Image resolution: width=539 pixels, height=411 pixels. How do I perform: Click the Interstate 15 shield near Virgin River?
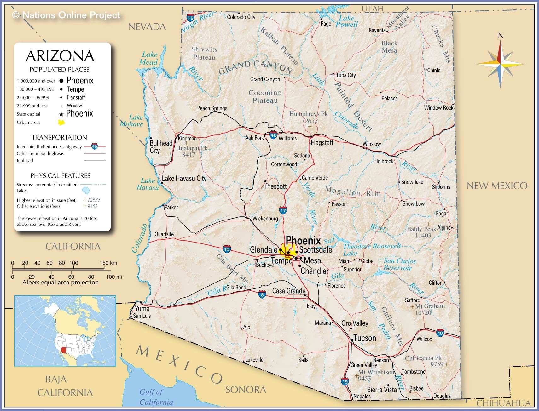point(190,18)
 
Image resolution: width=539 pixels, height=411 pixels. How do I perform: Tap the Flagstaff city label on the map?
point(322,143)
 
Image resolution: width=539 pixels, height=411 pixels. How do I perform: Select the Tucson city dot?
point(352,340)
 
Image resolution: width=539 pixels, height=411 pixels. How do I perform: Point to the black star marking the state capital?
point(288,253)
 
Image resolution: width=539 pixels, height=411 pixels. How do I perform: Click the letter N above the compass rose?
point(501,36)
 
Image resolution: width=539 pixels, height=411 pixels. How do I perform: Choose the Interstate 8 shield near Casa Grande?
point(262,295)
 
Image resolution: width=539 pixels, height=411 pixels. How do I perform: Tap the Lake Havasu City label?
point(184,179)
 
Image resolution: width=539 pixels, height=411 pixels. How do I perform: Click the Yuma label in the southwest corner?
point(142,309)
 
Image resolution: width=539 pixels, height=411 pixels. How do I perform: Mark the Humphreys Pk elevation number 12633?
point(310,121)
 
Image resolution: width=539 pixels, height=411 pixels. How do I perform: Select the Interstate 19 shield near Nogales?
point(345,381)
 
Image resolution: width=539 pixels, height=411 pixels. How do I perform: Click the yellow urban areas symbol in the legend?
point(61,122)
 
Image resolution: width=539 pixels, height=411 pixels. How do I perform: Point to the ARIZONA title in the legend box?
point(60,56)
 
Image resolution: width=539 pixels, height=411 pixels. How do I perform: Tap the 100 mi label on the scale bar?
point(114,277)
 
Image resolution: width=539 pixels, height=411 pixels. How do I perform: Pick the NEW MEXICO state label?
point(497,186)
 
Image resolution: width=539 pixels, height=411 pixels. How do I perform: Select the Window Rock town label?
point(438,108)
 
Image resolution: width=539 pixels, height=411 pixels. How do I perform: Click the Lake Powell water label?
point(347,21)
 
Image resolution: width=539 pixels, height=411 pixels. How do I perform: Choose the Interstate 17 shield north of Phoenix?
point(283,210)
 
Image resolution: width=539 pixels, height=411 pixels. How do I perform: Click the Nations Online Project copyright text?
point(66,15)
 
